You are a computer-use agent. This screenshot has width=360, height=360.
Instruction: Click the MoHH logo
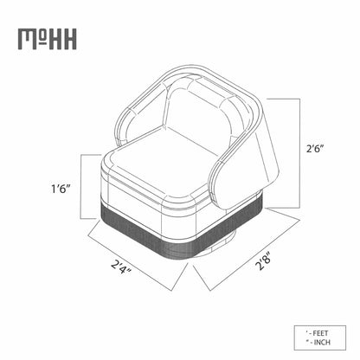coord(48,39)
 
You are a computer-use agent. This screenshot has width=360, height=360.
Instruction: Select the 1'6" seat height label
coord(61,189)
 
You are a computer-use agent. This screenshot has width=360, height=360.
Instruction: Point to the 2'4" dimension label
coord(121,267)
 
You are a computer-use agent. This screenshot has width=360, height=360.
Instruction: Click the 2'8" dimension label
coord(264,261)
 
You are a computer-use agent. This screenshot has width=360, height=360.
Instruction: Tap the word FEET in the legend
coord(320,333)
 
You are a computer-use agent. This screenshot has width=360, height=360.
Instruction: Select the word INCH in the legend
coord(322,343)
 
